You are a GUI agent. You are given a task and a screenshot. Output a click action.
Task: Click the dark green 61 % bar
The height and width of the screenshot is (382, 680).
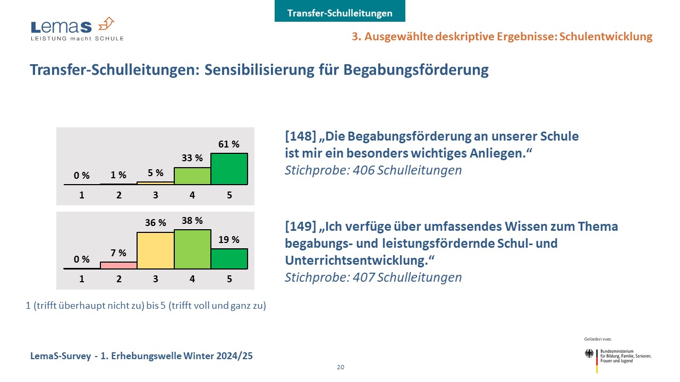229,169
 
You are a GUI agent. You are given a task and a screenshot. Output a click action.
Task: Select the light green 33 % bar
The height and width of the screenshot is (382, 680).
192,176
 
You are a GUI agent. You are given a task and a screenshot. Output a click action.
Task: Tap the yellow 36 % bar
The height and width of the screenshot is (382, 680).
156,250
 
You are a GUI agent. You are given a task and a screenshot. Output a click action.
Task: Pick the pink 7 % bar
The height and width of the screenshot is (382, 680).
118,265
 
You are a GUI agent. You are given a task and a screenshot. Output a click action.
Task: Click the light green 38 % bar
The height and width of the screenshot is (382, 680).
192,249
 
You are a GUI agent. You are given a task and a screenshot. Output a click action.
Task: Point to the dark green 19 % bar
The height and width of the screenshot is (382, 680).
229,259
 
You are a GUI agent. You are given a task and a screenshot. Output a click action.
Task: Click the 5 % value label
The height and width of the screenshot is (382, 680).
155,173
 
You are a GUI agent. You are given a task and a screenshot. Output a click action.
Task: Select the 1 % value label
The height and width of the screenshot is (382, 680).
118,175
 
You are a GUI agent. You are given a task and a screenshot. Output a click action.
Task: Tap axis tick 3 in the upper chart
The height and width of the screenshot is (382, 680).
156,195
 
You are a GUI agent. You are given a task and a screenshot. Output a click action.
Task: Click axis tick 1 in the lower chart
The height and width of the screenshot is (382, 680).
82,279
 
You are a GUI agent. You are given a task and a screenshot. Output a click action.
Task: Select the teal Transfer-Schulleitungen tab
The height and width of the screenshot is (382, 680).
339,13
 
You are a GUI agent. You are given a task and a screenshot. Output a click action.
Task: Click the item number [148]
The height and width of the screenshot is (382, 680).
300,136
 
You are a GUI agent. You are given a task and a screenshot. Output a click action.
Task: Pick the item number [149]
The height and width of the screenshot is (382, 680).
300,227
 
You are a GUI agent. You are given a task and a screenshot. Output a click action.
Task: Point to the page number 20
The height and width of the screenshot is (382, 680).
340,367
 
